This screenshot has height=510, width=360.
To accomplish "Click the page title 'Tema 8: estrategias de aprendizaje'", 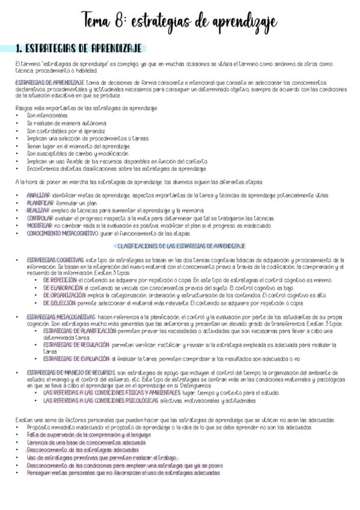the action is [180, 22].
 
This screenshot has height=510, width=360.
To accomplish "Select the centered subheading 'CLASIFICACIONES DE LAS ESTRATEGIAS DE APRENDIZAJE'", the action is [180, 246].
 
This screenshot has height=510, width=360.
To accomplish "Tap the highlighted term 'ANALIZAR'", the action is [38, 196].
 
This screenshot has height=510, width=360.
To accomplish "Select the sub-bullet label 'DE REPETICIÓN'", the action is [59, 280].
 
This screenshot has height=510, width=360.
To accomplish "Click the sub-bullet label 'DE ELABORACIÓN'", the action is [63, 287].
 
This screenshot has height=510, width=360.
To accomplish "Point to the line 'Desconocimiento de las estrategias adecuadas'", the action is [83, 449].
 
